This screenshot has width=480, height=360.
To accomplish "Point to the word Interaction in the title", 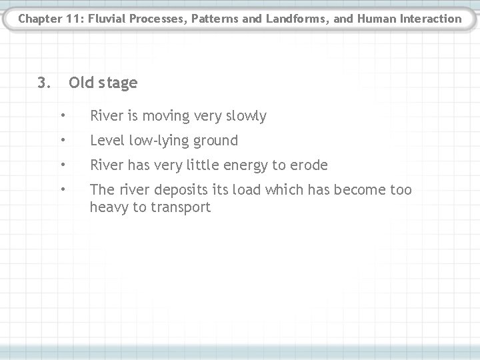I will coord(427,19).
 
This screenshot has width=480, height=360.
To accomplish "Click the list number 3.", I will coord(43,83).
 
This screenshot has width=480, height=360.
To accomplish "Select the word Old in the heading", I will coord(82,83).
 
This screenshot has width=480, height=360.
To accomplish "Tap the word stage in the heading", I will coord(118,83).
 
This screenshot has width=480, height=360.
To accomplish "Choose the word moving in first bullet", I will coord(169,116).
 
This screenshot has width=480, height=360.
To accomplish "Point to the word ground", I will coord(217,141).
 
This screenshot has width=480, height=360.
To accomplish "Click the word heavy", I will coord(108,207).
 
